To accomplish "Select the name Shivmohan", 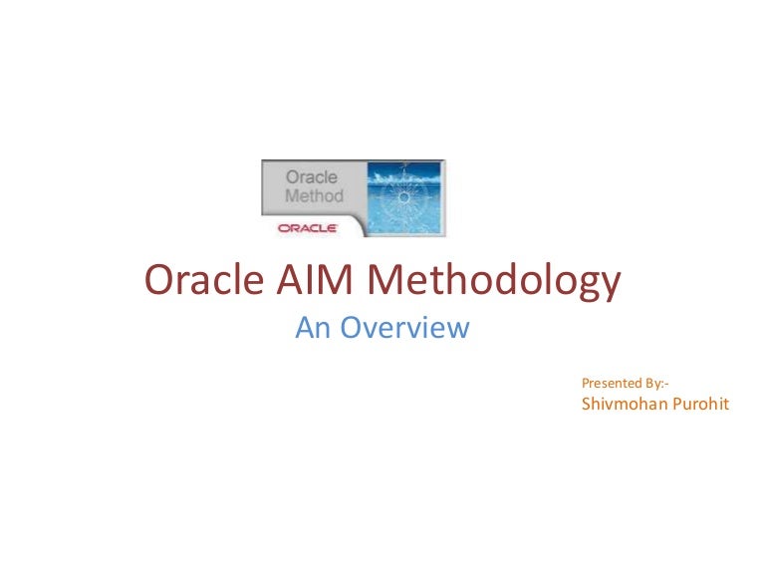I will tap(626, 406).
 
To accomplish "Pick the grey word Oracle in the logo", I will tap(311, 178).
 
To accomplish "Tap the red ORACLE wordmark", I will tap(308, 227).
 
